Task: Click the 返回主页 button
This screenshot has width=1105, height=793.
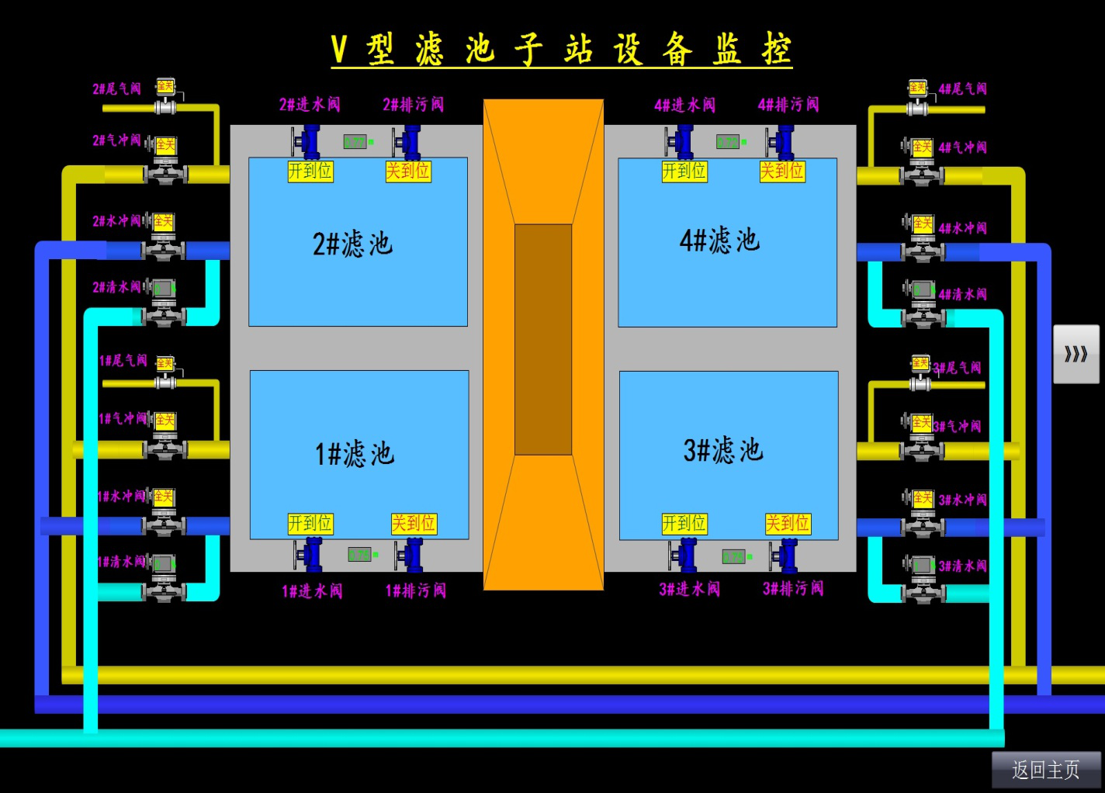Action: point(1045,769)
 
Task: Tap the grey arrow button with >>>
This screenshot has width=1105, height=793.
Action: point(1076,354)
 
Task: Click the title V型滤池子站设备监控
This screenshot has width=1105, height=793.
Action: point(561,50)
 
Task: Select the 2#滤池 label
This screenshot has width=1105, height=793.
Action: point(353,244)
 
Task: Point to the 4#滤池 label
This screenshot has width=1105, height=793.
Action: point(720,241)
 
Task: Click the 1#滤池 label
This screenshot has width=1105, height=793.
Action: point(355,453)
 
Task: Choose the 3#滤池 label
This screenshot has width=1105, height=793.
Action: point(723,450)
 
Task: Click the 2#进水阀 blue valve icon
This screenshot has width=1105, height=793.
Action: point(308,142)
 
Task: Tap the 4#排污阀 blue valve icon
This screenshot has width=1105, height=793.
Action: point(781,142)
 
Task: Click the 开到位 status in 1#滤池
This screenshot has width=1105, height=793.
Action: point(310,524)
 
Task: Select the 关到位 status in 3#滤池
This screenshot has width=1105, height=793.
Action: point(788,524)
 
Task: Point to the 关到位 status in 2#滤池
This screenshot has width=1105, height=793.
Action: point(408,171)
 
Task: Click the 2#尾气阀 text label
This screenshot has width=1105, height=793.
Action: point(117,88)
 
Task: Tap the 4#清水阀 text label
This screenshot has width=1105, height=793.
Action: point(963,294)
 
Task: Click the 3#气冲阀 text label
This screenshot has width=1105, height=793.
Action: point(958,426)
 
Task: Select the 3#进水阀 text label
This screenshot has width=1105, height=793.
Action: point(690,589)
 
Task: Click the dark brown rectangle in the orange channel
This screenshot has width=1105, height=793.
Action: point(543,339)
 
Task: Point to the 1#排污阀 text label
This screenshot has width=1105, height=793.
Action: point(416,590)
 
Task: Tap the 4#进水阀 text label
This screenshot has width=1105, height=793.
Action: point(685,105)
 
